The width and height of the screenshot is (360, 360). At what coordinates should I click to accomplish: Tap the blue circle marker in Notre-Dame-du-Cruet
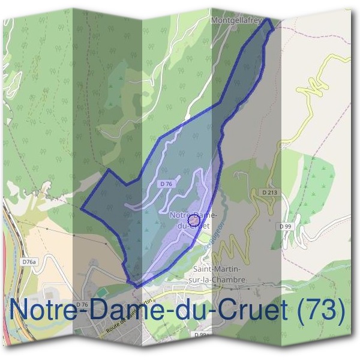194,221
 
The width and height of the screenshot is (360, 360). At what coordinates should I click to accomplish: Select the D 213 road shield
271,192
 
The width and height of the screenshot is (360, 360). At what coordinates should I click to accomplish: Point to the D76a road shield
29,262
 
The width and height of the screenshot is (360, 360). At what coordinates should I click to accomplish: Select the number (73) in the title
322,310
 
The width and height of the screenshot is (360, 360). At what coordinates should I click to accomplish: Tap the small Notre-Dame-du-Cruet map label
189,220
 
